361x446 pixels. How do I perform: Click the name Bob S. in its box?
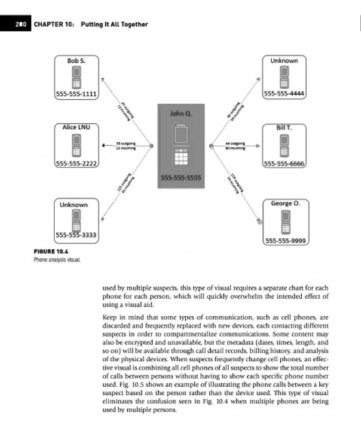pyautogui.click(x=76, y=60)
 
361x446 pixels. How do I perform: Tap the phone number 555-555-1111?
pyautogui.click(x=76, y=94)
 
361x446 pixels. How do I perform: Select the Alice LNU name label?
pyautogui.click(x=76, y=128)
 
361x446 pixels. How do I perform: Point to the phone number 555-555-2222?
pyautogui.click(x=76, y=163)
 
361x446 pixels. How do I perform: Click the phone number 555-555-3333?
pyautogui.click(x=76, y=236)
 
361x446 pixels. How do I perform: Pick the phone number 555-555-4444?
pyautogui.click(x=284, y=94)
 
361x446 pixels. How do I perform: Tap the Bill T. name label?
pyautogui.click(x=284, y=128)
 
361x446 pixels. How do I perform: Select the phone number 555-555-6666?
pyautogui.click(x=284, y=163)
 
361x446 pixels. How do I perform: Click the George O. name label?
pyautogui.click(x=285, y=203)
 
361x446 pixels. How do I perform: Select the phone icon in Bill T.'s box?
pyautogui.click(x=284, y=146)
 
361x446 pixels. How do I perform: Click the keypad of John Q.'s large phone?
pyautogui.click(x=180, y=160)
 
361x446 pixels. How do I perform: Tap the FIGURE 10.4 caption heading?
pyautogui.click(x=47, y=252)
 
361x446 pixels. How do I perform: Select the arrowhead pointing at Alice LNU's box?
pyautogui.click(x=103, y=146)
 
